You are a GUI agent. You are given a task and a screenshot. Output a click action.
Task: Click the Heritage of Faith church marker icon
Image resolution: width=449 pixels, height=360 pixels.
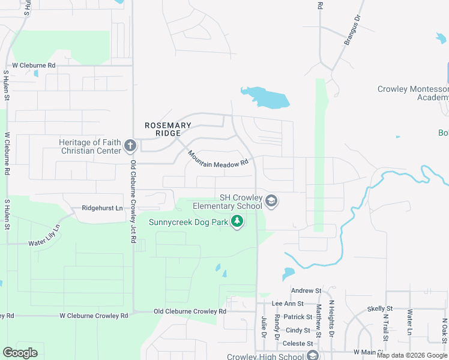[x=130, y=145]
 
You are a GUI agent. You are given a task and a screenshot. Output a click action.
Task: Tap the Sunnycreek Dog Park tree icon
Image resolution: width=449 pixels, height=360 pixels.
[x=238, y=223]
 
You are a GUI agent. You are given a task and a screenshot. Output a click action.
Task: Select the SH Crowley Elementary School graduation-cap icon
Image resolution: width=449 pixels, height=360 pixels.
[x=271, y=201]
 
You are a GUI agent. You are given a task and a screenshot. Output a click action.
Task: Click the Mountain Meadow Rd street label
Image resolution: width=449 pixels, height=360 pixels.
[x=217, y=158]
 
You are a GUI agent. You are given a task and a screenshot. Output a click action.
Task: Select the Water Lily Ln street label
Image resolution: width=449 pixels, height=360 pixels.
[x=44, y=237]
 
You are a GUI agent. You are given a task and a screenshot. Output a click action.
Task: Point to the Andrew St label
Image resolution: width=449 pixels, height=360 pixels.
[x=303, y=291]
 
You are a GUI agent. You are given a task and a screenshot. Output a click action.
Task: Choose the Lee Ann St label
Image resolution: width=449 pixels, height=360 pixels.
[x=288, y=304]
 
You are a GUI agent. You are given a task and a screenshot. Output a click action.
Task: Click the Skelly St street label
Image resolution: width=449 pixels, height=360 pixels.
[x=379, y=308]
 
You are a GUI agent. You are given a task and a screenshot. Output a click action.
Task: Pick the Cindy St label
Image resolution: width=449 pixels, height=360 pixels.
[x=298, y=330]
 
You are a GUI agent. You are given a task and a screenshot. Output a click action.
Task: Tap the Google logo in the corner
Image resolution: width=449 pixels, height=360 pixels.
[x=20, y=353]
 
